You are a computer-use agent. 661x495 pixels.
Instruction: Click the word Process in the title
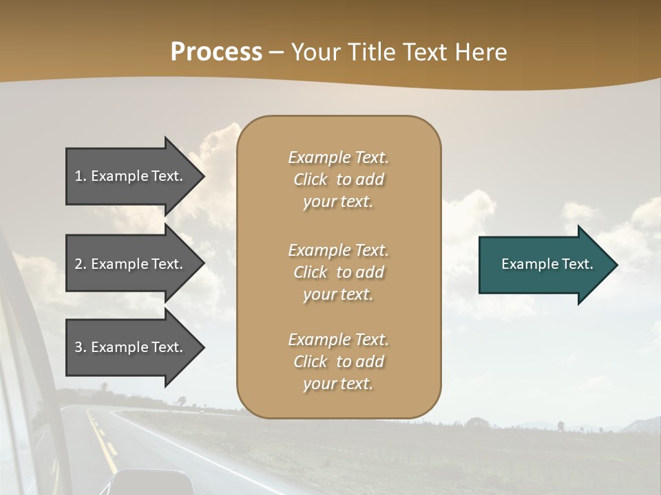point(216,52)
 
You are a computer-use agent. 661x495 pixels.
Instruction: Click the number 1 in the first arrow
point(78,177)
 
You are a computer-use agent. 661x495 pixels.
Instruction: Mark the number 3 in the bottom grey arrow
point(78,348)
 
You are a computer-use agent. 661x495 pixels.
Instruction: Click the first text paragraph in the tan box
point(338,179)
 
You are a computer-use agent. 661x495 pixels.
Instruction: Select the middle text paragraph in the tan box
point(338,272)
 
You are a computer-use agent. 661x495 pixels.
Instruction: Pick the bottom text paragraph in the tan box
point(338,362)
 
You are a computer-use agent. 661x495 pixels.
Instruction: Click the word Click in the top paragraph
point(311,179)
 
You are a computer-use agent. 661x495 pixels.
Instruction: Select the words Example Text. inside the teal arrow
point(547,265)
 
